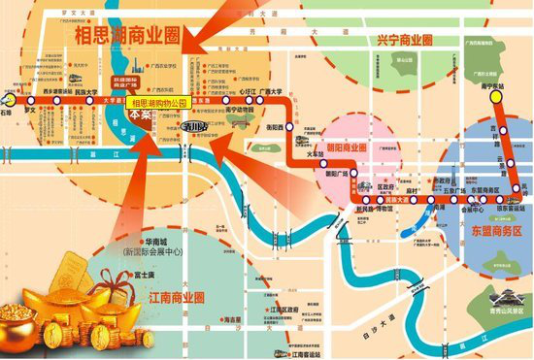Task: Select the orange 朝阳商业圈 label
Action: [347, 147]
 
